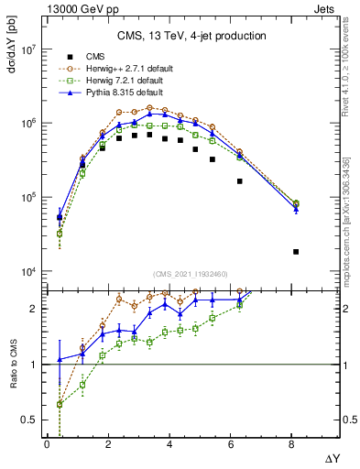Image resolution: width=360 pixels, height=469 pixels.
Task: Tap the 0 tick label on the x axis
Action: pyautogui.click(x=47, y=445)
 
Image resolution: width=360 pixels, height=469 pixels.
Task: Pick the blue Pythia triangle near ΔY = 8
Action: pyautogui.click(x=296, y=210)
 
